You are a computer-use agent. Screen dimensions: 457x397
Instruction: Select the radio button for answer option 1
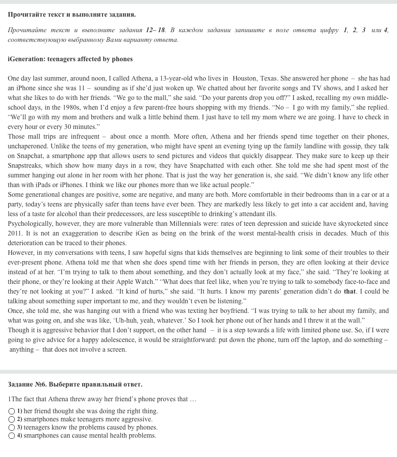click(x=12, y=411)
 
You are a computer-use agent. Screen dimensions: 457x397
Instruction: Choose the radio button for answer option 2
click(x=12, y=419)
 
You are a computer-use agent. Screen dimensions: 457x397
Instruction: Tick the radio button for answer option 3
click(x=12, y=428)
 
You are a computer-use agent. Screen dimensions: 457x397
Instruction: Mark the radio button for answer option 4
click(x=12, y=436)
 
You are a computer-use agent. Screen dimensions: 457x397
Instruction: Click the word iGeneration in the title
click(x=26, y=59)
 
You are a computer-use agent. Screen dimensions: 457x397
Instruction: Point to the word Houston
click(x=244, y=79)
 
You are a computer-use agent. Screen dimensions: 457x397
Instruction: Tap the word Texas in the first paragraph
click(x=268, y=79)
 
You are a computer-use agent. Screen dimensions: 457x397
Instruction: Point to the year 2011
click(x=15, y=234)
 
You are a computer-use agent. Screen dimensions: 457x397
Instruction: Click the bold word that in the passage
click(x=350, y=292)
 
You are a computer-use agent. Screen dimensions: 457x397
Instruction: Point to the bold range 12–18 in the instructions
click(x=155, y=30)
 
